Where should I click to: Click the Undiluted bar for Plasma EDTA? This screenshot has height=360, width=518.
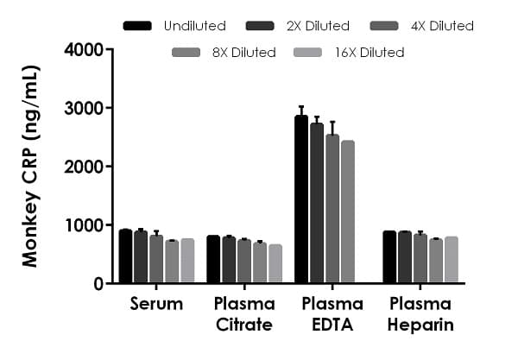[301, 199]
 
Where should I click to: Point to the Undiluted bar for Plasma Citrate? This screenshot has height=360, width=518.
[213, 259]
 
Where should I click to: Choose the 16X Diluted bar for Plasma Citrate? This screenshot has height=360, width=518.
[275, 263]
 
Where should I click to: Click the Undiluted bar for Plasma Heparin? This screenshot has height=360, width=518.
[389, 257]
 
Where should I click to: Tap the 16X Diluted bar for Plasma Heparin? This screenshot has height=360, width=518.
[451, 260]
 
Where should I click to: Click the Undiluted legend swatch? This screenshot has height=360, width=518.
[138, 26]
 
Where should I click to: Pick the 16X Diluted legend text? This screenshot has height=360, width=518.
[369, 53]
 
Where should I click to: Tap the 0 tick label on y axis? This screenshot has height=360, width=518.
[98, 284]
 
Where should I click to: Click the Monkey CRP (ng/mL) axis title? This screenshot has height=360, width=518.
[31, 166]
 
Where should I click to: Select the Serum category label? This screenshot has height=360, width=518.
[156, 304]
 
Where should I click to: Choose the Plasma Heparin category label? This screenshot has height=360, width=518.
[420, 314]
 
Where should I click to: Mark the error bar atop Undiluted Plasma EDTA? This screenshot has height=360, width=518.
[301, 110]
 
